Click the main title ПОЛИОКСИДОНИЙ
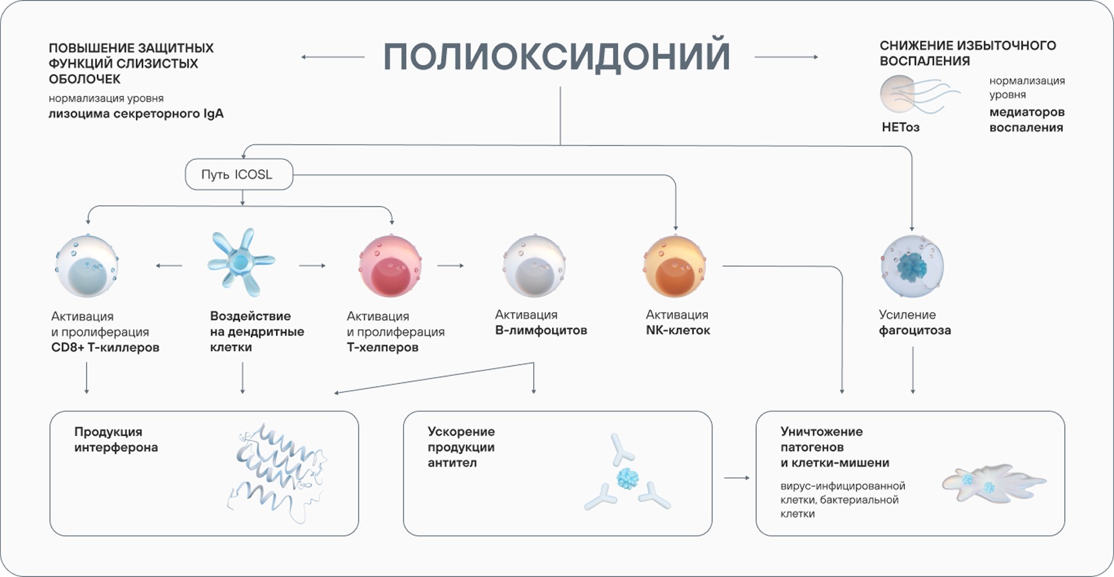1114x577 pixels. click(556, 56)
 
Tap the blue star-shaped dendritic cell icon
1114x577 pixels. click(241, 262)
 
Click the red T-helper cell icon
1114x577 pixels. click(389, 266)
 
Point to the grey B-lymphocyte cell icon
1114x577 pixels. click(533, 266)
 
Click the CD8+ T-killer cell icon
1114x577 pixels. click(86, 266)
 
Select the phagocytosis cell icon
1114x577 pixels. click(912, 266)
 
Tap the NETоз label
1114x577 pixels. click(900, 127)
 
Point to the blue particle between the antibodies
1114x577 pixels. click(627, 478)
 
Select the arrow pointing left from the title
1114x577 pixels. click(332, 57)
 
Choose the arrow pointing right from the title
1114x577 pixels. click(786, 57)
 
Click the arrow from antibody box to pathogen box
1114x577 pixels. click(737, 478)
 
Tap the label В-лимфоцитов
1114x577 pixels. click(541, 330)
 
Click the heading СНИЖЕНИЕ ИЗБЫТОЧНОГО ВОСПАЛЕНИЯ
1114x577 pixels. click(967, 53)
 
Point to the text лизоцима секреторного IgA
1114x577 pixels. click(136, 114)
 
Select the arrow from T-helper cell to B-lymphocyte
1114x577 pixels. click(450, 266)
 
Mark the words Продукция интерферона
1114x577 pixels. click(116, 439)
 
